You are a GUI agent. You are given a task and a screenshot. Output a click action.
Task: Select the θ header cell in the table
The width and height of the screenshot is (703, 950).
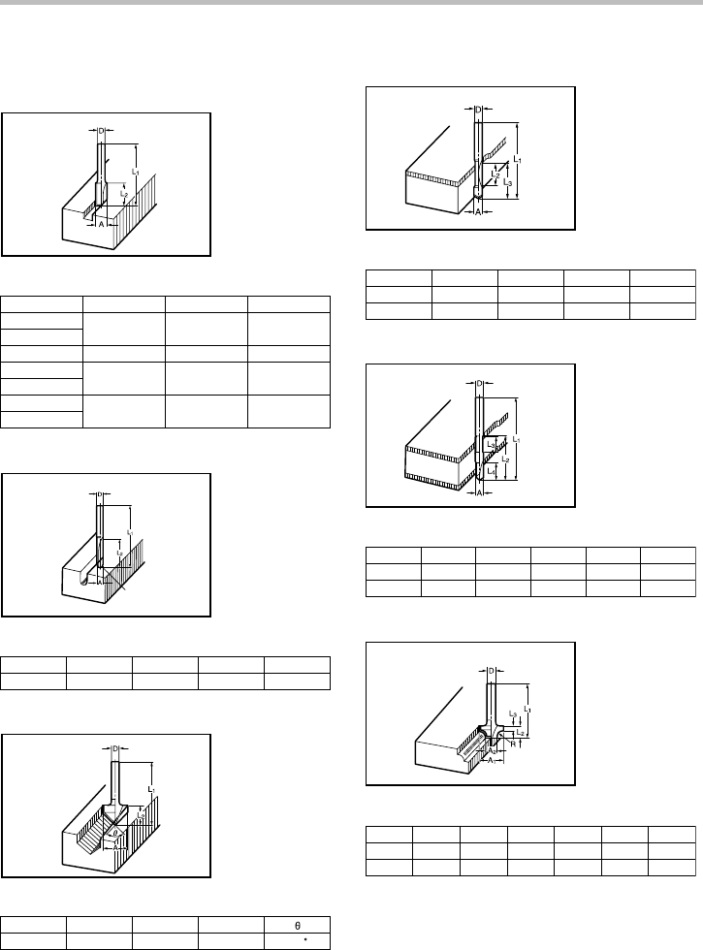[x=297, y=925]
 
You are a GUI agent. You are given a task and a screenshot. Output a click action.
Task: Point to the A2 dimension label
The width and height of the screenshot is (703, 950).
[x=493, y=750]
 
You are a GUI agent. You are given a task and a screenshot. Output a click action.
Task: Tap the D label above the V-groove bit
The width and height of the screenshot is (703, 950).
[x=115, y=749]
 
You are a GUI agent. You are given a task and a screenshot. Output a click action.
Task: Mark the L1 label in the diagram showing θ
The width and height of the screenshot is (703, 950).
[x=152, y=790]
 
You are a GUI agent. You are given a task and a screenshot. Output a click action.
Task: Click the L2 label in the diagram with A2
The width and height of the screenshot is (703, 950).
[x=521, y=734]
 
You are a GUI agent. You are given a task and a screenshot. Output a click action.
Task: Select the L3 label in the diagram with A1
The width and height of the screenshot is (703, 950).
[x=512, y=712]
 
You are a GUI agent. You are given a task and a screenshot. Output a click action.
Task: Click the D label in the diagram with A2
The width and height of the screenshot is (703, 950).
[x=492, y=671]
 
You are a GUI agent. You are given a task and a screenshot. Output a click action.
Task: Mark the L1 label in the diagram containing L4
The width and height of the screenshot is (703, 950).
[x=517, y=439]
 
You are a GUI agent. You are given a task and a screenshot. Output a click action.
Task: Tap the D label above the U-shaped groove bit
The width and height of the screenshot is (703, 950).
[x=99, y=495]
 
